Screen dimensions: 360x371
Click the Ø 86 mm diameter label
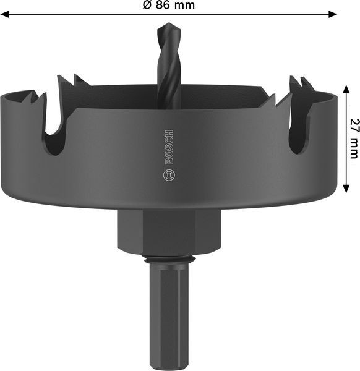(x=169, y=5)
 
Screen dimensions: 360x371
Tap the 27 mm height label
(x=354, y=139)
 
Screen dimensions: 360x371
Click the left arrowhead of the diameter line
(x=5, y=14)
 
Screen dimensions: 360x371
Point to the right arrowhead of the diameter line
(x=332, y=14)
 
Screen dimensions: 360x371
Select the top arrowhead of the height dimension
(x=346, y=89)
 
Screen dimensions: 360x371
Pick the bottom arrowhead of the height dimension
(x=346, y=189)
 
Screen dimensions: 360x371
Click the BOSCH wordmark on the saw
(x=169, y=147)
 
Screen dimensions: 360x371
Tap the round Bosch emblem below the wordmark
(x=169, y=176)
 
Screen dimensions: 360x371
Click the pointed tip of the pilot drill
(x=169, y=23)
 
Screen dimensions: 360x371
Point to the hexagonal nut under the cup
(x=169, y=232)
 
